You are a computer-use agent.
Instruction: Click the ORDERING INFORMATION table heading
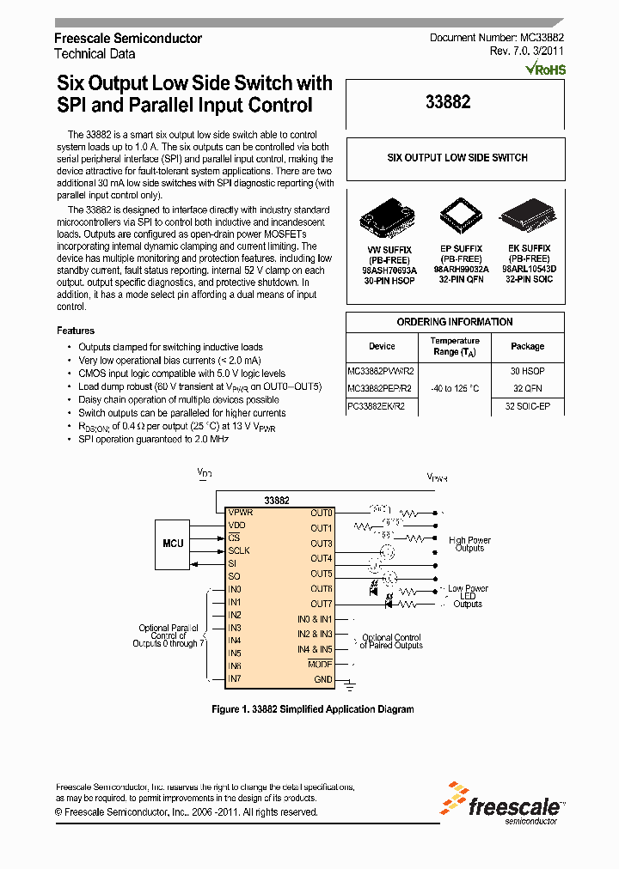click(455, 322)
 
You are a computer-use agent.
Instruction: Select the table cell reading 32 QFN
click(527, 388)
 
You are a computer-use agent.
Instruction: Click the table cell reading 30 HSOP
click(527, 370)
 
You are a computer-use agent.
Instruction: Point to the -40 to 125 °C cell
click(455, 388)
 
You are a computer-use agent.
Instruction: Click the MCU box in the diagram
click(174, 543)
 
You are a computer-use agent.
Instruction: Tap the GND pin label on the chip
click(322, 679)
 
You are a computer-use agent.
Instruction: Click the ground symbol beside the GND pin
click(349, 684)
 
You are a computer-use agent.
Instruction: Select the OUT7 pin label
click(321, 604)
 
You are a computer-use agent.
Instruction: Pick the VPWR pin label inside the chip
click(242, 512)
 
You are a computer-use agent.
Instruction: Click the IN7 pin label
click(235, 679)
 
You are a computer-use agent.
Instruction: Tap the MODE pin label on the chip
click(320, 664)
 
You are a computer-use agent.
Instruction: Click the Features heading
click(76, 331)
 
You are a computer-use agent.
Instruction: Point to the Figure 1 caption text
click(313, 709)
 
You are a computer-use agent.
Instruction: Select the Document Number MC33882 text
click(497, 39)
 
